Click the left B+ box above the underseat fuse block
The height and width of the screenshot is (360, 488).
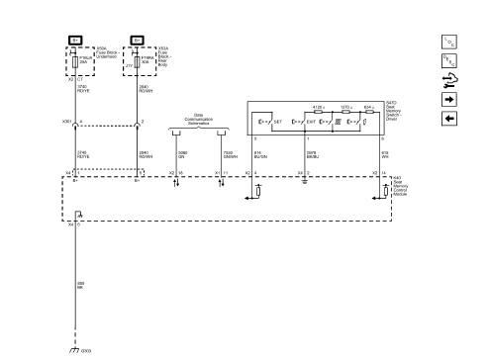point(79,41)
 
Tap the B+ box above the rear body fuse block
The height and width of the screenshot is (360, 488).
point(137,41)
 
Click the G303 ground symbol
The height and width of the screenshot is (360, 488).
point(74,350)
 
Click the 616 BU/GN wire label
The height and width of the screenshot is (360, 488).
point(260,154)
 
